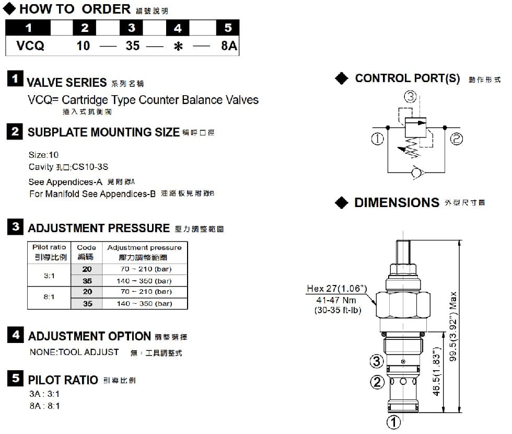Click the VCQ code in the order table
click(x=30, y=46)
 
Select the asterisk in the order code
click(x=178, y=47)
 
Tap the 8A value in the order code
click(x=229, y=46)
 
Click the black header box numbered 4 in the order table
click(x=178, y=28)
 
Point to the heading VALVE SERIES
click(x=66, y=82)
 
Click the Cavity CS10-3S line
click(x=68, y=167)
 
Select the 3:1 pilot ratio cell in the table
click(x=49, y=275)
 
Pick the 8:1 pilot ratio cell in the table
click(x=49, y=297)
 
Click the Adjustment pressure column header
click(x=144, y=252)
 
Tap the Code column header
click(x=86, y=252)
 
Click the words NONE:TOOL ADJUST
click(x=74, y=352)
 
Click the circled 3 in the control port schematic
click(x=410, y=96)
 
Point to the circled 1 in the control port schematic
click(x=377, y=139)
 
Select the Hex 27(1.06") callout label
click(x=337, y=289)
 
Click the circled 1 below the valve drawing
click(x=393, y=421)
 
